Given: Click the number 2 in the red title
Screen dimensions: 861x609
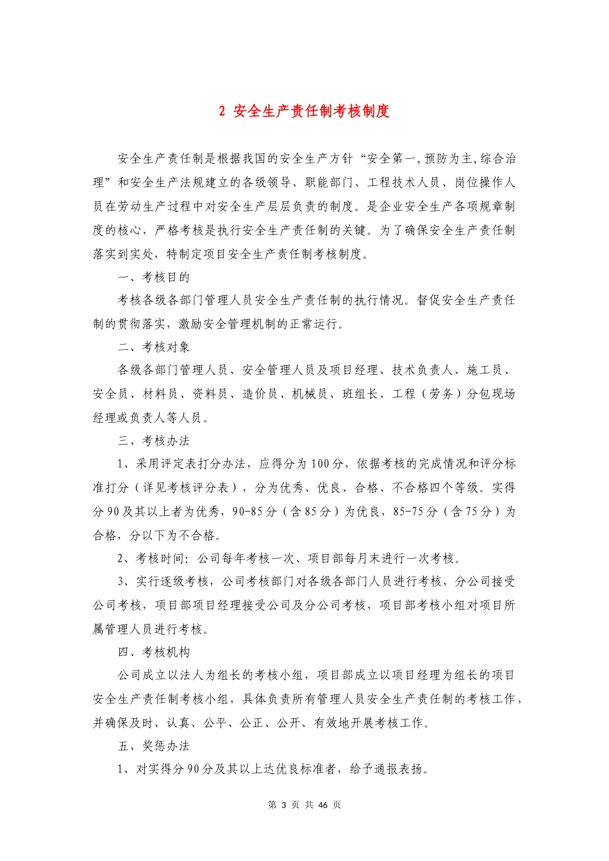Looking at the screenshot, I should pos(222,111).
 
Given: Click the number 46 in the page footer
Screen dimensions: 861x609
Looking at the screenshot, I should pos(323,805).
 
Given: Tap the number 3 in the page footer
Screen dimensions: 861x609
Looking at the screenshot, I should pos(280,805).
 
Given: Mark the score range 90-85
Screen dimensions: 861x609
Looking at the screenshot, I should pos(248,511).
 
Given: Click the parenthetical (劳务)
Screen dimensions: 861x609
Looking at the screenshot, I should pos(441,394).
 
